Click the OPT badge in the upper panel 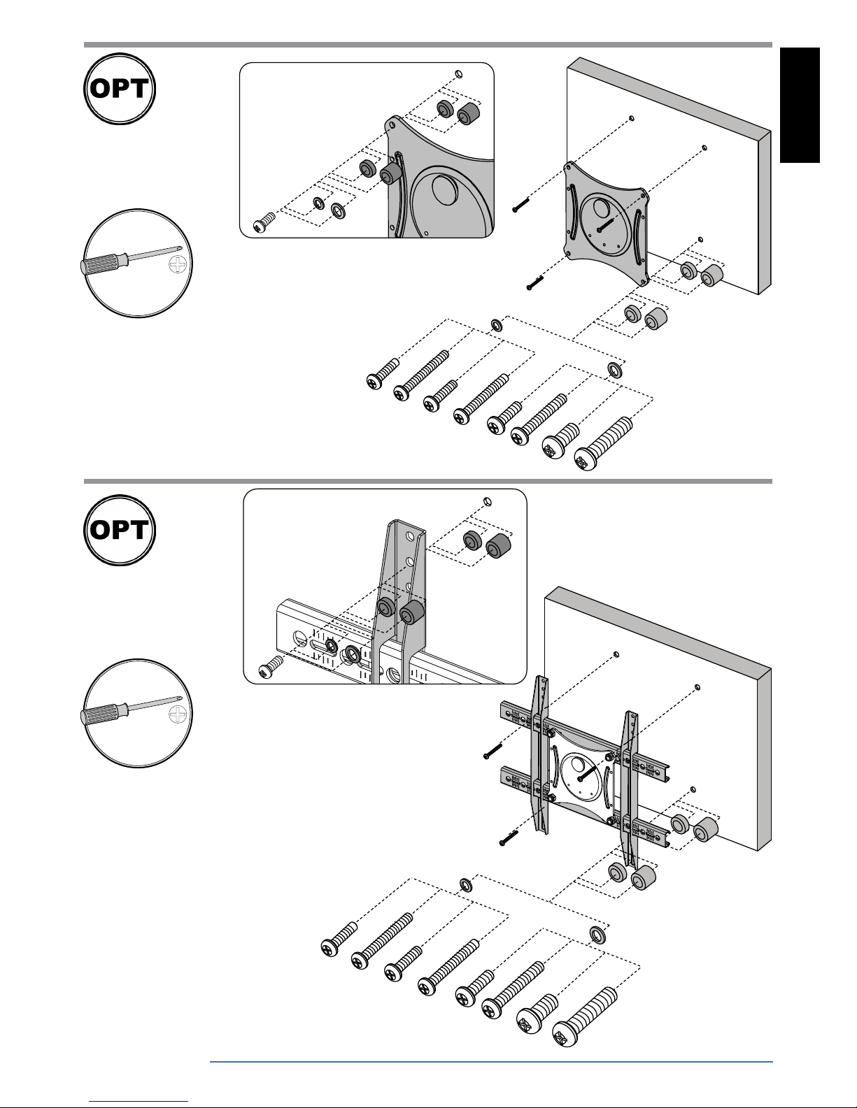coord(120,89)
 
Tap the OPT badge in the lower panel coord(120,530)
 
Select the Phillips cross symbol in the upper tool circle coord(178,265)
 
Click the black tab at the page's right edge coord(800,105)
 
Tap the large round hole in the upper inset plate coord(446,189)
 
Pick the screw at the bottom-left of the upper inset coord(264,222)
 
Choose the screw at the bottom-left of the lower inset coord(270,666)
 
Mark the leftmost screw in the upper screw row coord(383,373)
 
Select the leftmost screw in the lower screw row coord(339,940)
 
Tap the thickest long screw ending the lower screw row coord(585,1016)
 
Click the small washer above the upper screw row coord(496,325)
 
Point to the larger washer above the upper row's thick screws coord(615,370)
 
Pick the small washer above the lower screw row coord(466,885)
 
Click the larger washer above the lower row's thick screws coord(598,935)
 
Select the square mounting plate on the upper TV coord(607,224)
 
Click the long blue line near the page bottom coord(491,1062)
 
